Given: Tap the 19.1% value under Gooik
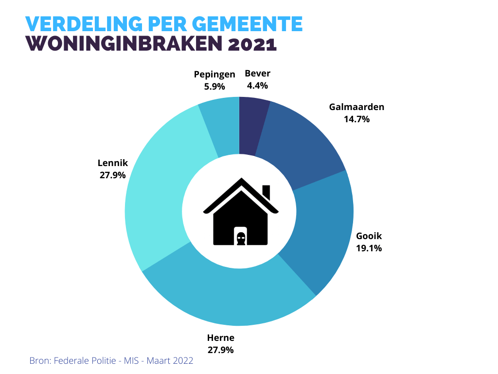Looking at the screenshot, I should (x=369, y=248).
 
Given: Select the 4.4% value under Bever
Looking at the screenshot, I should (x=257, y=85).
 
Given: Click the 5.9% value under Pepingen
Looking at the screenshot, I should (x=214, y=86).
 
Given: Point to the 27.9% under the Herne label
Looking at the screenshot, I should (x=221, y=350).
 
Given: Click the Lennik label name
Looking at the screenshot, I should (x=113, y=163).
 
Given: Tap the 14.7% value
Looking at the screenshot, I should (x=356, y=118).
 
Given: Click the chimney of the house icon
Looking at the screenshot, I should (x=266, y=191).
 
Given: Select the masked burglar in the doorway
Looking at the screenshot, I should (x=240, y=238).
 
